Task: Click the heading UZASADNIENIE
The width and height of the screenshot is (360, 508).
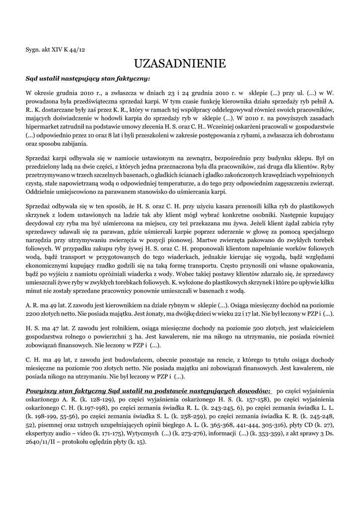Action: [x=180, y=63]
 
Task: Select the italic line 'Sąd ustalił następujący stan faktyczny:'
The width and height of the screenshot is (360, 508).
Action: [x=87, y=78]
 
